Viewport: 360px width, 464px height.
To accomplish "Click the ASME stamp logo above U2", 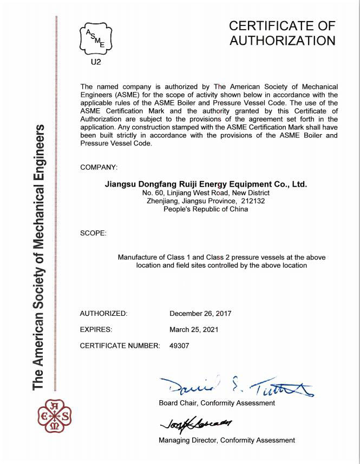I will (96, 37).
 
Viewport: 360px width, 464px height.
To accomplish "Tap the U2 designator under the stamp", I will (96, 62).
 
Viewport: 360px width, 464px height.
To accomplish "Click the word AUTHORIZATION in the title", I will (282, 41).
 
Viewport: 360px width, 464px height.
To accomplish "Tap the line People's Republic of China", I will (206, 209).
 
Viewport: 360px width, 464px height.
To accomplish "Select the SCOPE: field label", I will (93, 233).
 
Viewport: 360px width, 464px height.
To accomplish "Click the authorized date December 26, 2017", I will (200, 313).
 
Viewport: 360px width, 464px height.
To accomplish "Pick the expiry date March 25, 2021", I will (194, 329).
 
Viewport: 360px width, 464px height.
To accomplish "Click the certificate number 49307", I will (179, 346).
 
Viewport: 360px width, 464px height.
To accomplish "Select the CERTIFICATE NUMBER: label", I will (120, 346).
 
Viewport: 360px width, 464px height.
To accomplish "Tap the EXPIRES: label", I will (96, 329).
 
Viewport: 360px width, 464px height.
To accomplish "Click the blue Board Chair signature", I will (236, 386).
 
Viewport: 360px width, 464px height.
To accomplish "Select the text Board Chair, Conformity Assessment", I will (217, 403).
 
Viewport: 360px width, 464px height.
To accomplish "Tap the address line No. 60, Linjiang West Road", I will (206, 193).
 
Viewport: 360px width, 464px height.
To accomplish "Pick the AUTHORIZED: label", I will (103, 313).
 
